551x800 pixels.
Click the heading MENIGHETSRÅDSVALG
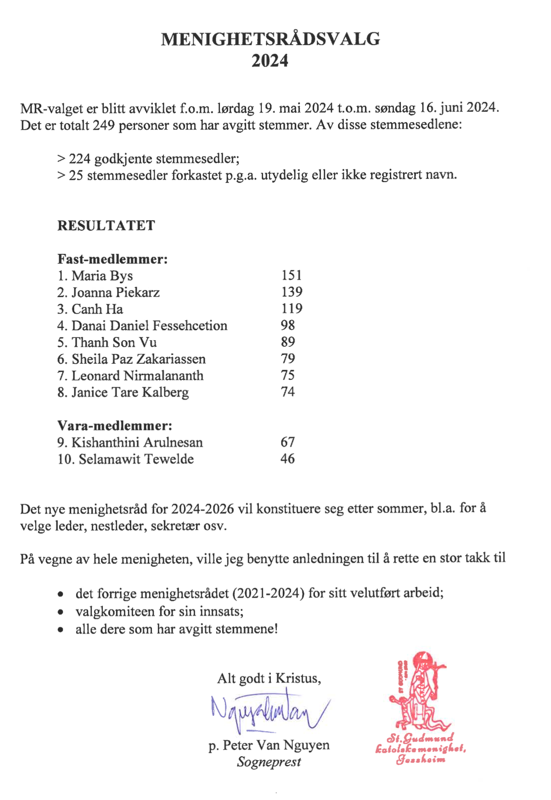pyautogui.click(x=270, y=39)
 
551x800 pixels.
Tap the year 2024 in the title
pyautogui.click(x=270, y=61)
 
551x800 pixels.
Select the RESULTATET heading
pyautogui.click(x=106, y=225)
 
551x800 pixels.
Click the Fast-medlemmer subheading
pyautogui.click(x=112, y=259)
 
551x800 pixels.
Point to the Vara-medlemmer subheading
pyautogui.click(x=115, y=425)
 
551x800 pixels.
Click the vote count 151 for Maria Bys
pyautogui.click(x=292, y=275)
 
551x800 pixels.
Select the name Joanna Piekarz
pyautogui.click(x=115, y=292)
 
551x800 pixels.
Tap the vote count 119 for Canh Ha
pyautogui.click(x=292, y=309)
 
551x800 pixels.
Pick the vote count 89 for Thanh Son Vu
pyautogui.click(x=288, y=342)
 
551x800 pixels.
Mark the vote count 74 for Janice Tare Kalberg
pyautogui.click(x=288, y=392)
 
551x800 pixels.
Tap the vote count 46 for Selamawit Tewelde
pyautogui.click(x=288, y=458)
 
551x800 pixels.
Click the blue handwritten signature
pyautogui.click(x=269, y=710)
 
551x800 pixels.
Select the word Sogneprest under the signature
pyautogui.click(x=269, y=762)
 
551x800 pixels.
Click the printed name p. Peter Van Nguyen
pyautogui.click(x=269, y=745)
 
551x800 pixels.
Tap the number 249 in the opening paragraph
pyautogui.click(x=104, y=125)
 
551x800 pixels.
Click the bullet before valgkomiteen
pyautogui.click(x=61, y=612)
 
